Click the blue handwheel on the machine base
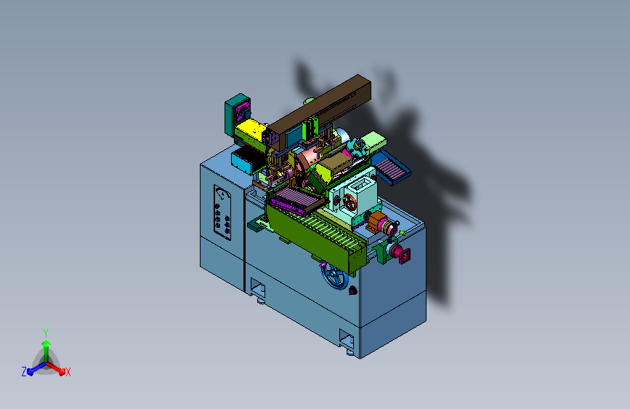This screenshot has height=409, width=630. coord(334,276)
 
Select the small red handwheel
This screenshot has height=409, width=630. coord(349,202)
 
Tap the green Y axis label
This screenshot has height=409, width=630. coord(46,333)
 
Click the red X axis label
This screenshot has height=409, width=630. coord(68,372)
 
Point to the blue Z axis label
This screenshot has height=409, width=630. coord(24,372)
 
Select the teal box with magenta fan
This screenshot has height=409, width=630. coord(238,114)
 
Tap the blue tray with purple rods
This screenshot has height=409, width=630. coord(390,166)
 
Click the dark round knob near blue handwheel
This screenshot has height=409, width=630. coord(352,290)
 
